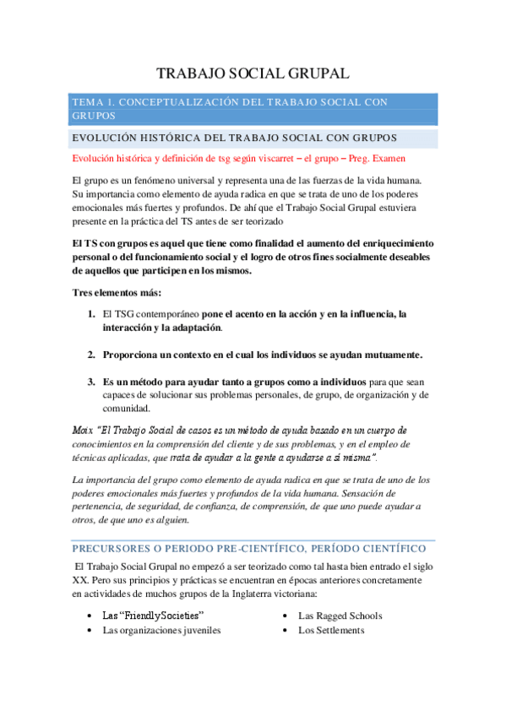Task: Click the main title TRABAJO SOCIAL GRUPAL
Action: pos(253,74)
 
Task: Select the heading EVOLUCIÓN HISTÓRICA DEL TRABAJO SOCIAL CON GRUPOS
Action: pos(235,138)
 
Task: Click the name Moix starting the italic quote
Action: pos(84,430)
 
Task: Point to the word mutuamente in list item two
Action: pos(387,354)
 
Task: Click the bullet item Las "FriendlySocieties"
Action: pos(154,616)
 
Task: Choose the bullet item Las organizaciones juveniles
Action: pos(161,630)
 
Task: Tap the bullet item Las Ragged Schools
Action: pos(340,616)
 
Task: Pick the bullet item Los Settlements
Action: pos(331,630)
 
